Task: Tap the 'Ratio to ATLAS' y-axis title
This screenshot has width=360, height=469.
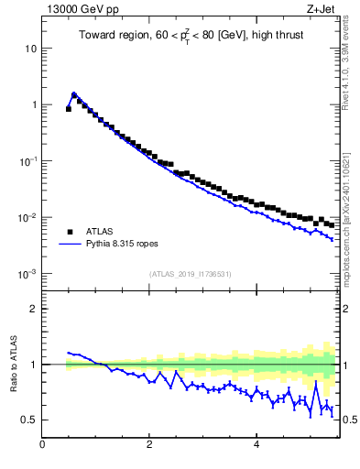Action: point(12,365)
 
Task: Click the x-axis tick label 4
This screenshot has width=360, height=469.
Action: point(256,445)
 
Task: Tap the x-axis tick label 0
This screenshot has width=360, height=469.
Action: point(42,445)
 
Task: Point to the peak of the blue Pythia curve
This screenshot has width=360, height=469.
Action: point(74,93)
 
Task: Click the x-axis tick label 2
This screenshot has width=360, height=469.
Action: point(149,445)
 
